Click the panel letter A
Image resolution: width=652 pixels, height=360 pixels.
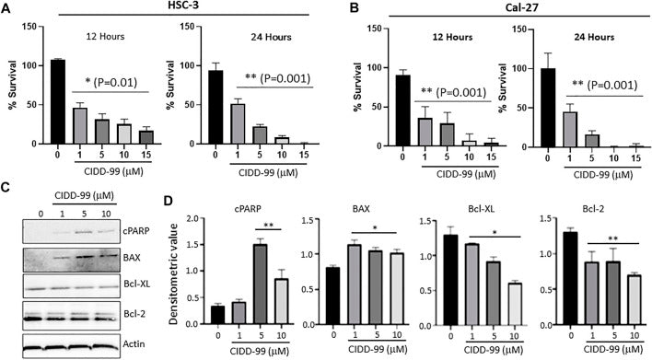[7, 10]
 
